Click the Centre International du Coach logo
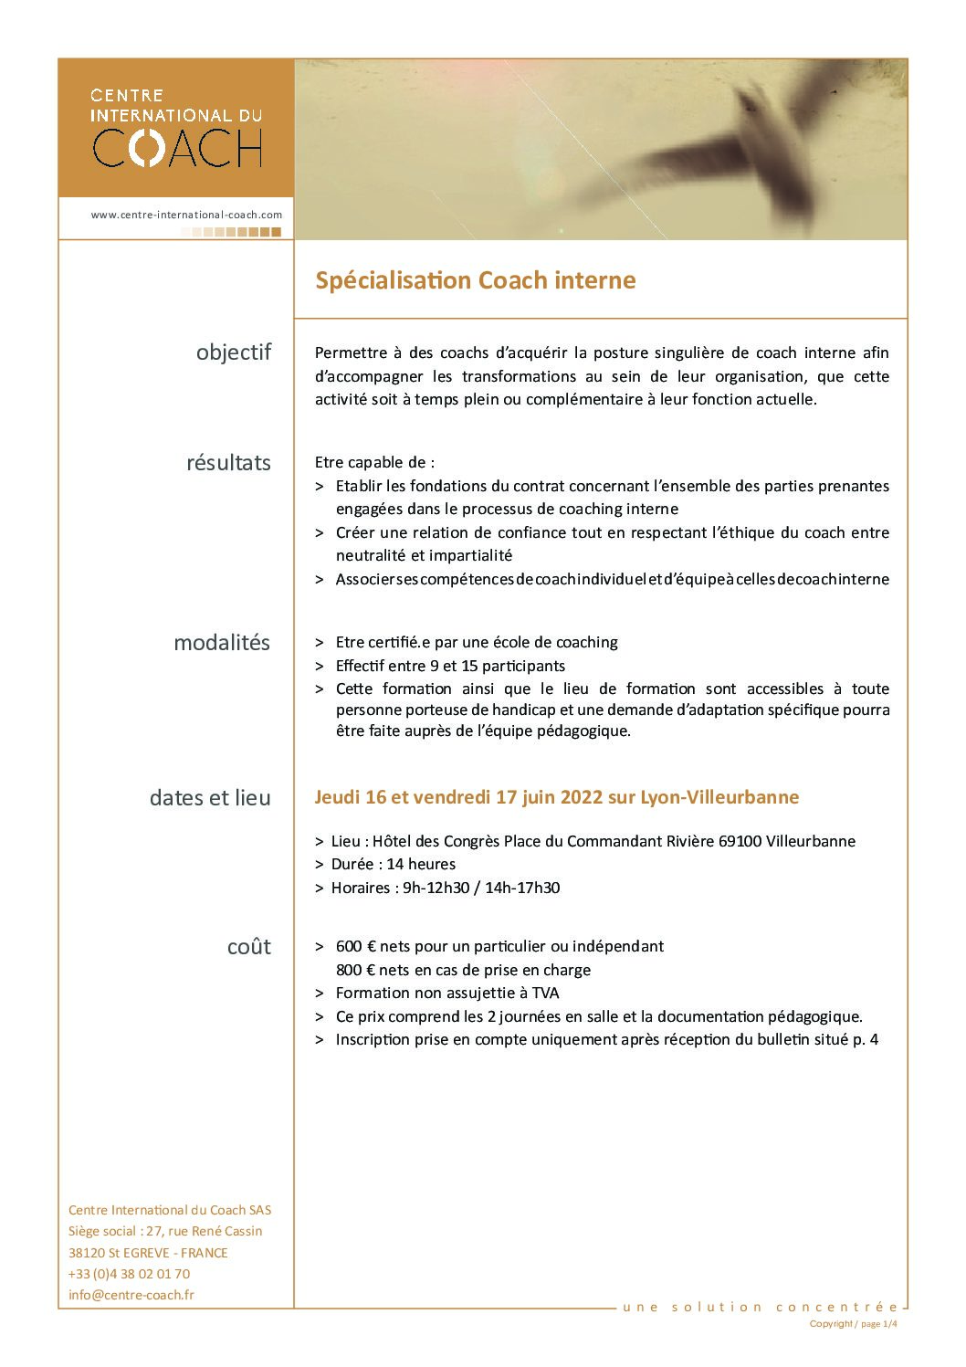[177, 128]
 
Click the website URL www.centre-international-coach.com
[186, 215]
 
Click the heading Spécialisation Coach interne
[475, 280]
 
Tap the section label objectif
[234, 352]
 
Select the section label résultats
[228, 463]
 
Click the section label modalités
[222, 643]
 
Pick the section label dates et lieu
[210, 798]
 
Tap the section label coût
[248, 947]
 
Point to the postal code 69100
[740, 841]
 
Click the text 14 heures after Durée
[421, 864]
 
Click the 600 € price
[356, 947]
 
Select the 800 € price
[356, 970]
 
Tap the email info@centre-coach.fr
[131, 1295]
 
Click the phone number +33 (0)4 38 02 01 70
[130, 1274]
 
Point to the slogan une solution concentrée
[760, 1307]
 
